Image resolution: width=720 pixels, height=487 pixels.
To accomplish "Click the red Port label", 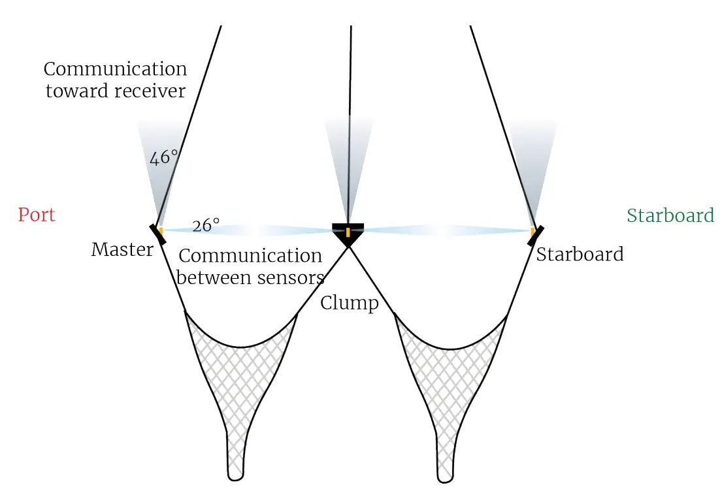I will (x=37, y=215).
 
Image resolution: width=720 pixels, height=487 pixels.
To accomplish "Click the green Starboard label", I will (x=670, y=215).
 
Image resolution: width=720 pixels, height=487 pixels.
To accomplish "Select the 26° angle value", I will (x=206, y=226).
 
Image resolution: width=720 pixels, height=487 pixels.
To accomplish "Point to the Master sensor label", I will (x=122, y=249).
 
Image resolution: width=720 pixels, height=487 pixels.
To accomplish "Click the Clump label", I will (x=350, y=303).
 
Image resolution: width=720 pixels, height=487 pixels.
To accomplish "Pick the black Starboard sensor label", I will (x=580, y=254).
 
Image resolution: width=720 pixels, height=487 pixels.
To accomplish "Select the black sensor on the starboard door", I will (x=537, y=233).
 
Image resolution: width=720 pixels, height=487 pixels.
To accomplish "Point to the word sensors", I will (x=288, y=277).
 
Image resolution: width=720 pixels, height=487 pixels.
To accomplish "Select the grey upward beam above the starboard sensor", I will (x=532, y=163).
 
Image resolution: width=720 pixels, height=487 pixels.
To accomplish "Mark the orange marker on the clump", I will (x=348, y=232).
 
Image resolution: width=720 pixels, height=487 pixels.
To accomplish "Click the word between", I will (x=214, y=277).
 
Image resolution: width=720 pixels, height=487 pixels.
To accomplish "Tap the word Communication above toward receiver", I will (x=116, y=69).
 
